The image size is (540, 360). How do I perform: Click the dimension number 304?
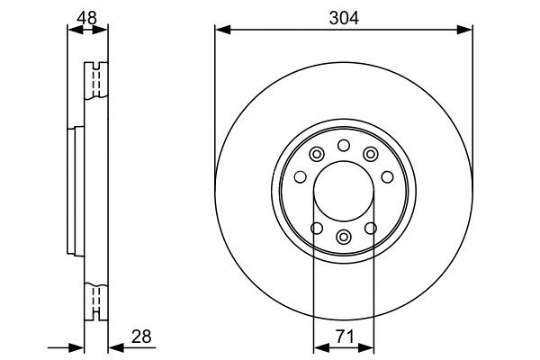click(x=344, y=18)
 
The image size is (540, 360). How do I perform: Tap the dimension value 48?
click(x=86, y=18)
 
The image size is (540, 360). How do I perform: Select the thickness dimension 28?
click(x=141, y=337)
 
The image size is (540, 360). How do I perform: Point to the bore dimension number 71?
click(x=345, y=337)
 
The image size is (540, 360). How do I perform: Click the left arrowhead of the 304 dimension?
click(x=222, y=30)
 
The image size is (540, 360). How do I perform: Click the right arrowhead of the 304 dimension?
click(x=464, y=30)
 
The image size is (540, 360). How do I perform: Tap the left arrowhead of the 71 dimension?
click(x=321, y=347)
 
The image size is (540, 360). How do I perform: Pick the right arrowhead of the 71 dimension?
click(x=366, y=347)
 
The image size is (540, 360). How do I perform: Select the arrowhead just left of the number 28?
click(x=116, y=347)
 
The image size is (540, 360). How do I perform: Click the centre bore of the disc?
click(x=344, y=191)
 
